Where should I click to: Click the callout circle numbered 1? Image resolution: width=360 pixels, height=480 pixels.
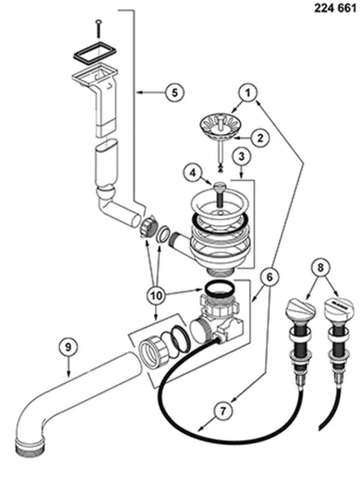tap(248, 92)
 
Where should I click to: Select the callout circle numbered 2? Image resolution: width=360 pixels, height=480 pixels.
tap(260, 138)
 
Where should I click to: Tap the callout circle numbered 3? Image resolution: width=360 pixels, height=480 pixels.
tap(242, 156)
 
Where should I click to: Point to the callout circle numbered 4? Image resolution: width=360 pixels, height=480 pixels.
tap(192, 173)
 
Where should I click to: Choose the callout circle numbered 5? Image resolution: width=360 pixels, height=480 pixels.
tap(174, 92)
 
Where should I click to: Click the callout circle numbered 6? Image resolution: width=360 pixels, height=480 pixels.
tap(270, 277)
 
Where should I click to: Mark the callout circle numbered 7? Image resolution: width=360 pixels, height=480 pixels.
tap(222, 411)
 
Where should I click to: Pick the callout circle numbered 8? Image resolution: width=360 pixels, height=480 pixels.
tap(320, 267)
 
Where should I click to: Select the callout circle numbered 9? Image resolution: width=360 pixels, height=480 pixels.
tap(68, 347)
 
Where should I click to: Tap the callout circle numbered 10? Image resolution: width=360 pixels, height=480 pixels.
tap(156, 295)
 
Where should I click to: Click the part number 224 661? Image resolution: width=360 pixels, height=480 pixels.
tap(335, 7)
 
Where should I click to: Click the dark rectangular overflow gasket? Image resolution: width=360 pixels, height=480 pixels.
tap(94, 54)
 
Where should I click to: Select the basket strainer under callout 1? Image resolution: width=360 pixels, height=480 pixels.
tap(221, 126)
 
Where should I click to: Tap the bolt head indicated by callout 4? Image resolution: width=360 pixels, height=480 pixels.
tap(220, 186)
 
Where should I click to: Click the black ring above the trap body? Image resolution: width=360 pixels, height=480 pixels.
tap(218, 289)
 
